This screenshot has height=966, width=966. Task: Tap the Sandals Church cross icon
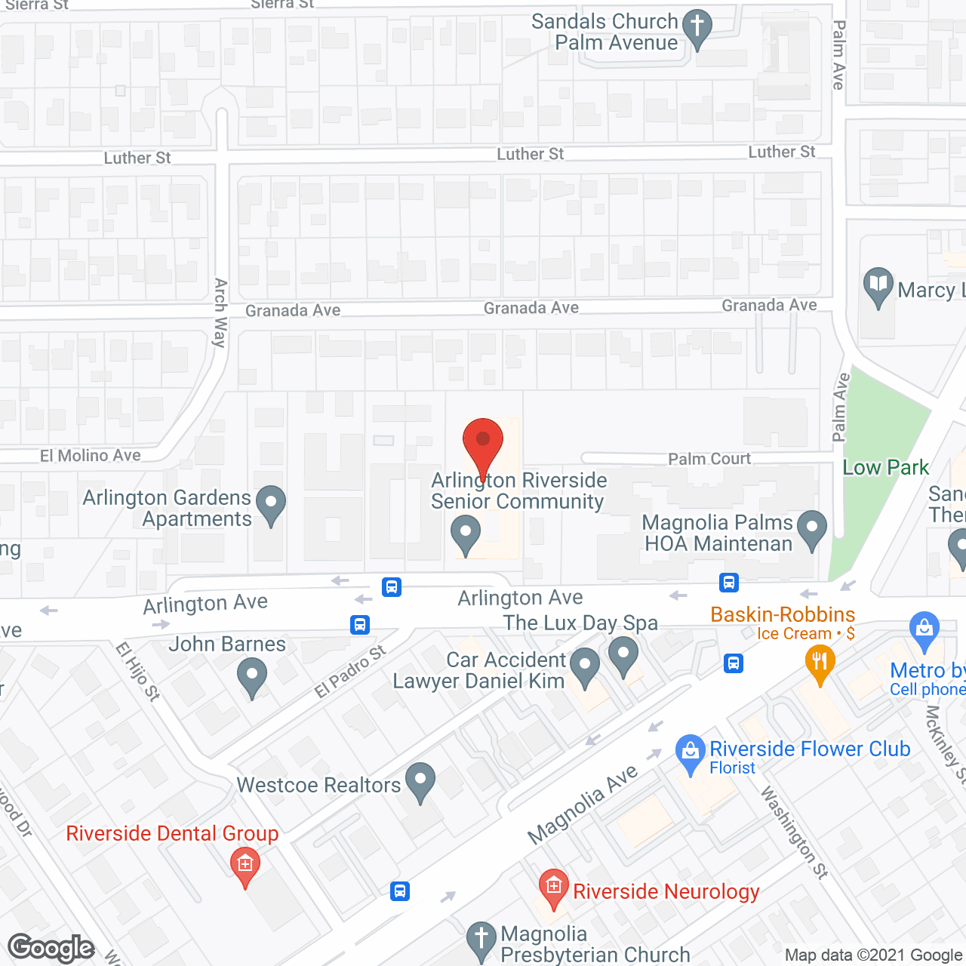[x=697, y=28]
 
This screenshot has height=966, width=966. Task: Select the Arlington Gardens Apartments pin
[x=270, y=503]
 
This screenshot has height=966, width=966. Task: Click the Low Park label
[x=885, y=468]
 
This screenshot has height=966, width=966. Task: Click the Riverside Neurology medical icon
[x=553, y=887]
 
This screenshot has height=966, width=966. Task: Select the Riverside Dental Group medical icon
[x=245, y=865]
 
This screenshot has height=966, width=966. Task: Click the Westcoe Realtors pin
[x=420, y=780]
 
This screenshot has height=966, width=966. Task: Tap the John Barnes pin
[x=252, y=675]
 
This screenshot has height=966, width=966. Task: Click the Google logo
[x=51, y=948]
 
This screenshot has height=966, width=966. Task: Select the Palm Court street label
[x=709, y=459]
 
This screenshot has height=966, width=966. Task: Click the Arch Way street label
[x=220, y=312]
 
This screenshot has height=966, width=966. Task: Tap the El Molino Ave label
[x=91, y=456]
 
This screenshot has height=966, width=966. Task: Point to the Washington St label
[x=794, y=832]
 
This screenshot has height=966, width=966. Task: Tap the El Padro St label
[x=350, y=672]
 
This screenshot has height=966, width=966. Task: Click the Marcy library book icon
[x=878, y=285]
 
